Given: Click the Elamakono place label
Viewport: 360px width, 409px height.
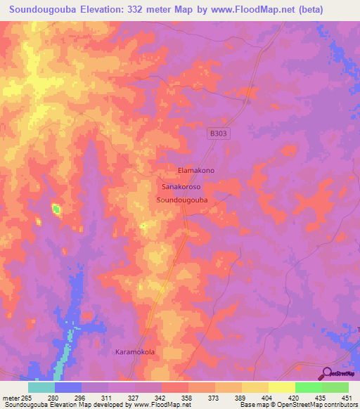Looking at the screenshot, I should point(196,171).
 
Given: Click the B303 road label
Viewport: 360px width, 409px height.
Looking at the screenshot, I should point(219,132).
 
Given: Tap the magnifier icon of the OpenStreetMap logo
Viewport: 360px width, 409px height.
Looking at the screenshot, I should point(326,373).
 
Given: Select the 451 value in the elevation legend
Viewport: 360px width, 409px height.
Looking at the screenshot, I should point(347,398).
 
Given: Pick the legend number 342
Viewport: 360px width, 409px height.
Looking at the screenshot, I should point(161,398).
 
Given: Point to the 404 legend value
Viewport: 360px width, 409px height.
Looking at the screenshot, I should point(267,398).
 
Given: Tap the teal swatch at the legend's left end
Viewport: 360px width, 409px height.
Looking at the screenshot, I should point(41,387).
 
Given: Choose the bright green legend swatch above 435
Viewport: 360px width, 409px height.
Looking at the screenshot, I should point(308,387).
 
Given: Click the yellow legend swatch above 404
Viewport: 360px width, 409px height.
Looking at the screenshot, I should point(255,387).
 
